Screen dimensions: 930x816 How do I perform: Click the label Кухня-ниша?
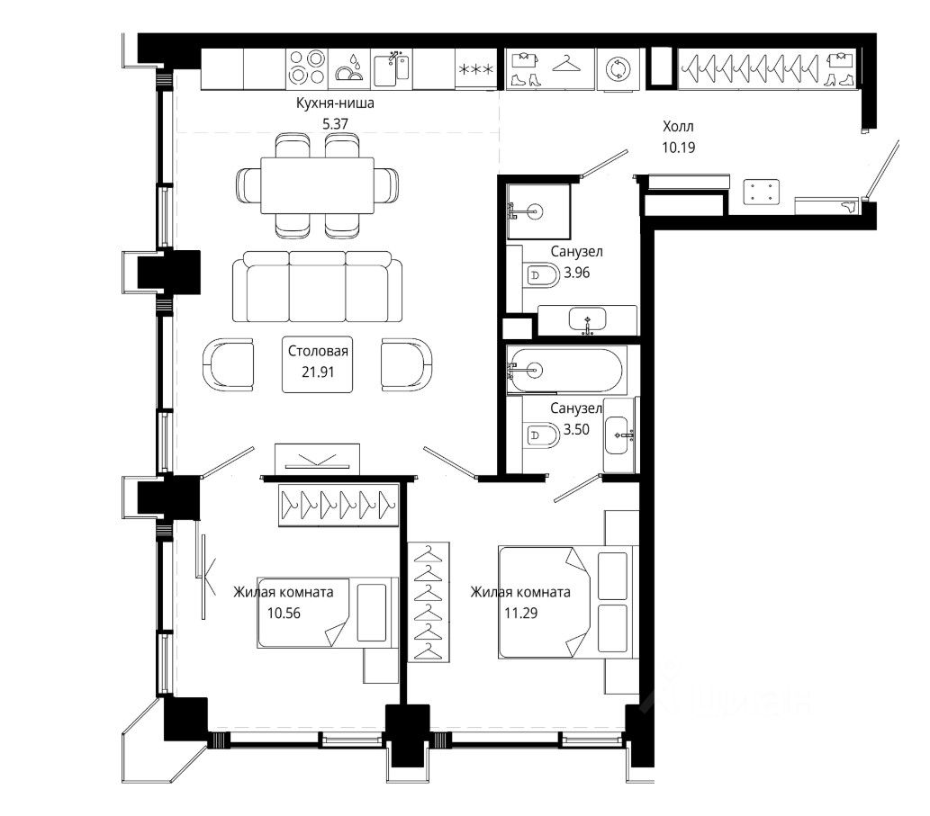coord(335,103)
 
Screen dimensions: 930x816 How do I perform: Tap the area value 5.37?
coord(335,124)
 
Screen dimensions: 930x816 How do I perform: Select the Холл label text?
coord(678,126)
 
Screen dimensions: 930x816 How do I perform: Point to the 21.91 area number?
coord(318,372)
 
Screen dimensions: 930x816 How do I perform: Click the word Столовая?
coord(318,351)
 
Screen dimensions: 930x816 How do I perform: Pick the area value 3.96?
coord(576,273)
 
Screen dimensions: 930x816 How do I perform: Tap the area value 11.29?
coord(520,614)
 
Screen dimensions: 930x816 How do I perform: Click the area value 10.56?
coord(284,614)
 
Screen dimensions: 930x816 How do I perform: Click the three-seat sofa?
coord(317,287)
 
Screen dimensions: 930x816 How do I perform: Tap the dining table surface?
coord(317,185)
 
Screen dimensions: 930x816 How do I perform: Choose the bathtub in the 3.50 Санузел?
coord(566,371)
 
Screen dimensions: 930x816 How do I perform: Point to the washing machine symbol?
coord(618,69)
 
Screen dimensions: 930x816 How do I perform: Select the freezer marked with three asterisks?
coord(476,69)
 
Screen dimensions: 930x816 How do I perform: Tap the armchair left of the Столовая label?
coord(229,364)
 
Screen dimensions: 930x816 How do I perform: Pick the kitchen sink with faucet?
coord(392,68)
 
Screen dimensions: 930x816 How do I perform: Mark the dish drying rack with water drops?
coord(349,68)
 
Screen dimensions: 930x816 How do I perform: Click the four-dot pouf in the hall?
coord(761,192)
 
